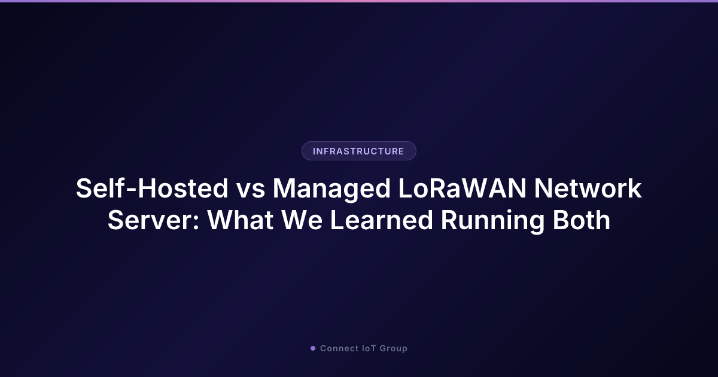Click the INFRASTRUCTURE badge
click(358, 151)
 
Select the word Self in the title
click(98, 189)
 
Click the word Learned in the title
click(381, 221)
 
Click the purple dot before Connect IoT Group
click(312, 348)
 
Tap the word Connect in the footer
click(339, 348)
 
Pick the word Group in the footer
click(394, 348)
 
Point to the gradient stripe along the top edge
click(359, 1)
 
